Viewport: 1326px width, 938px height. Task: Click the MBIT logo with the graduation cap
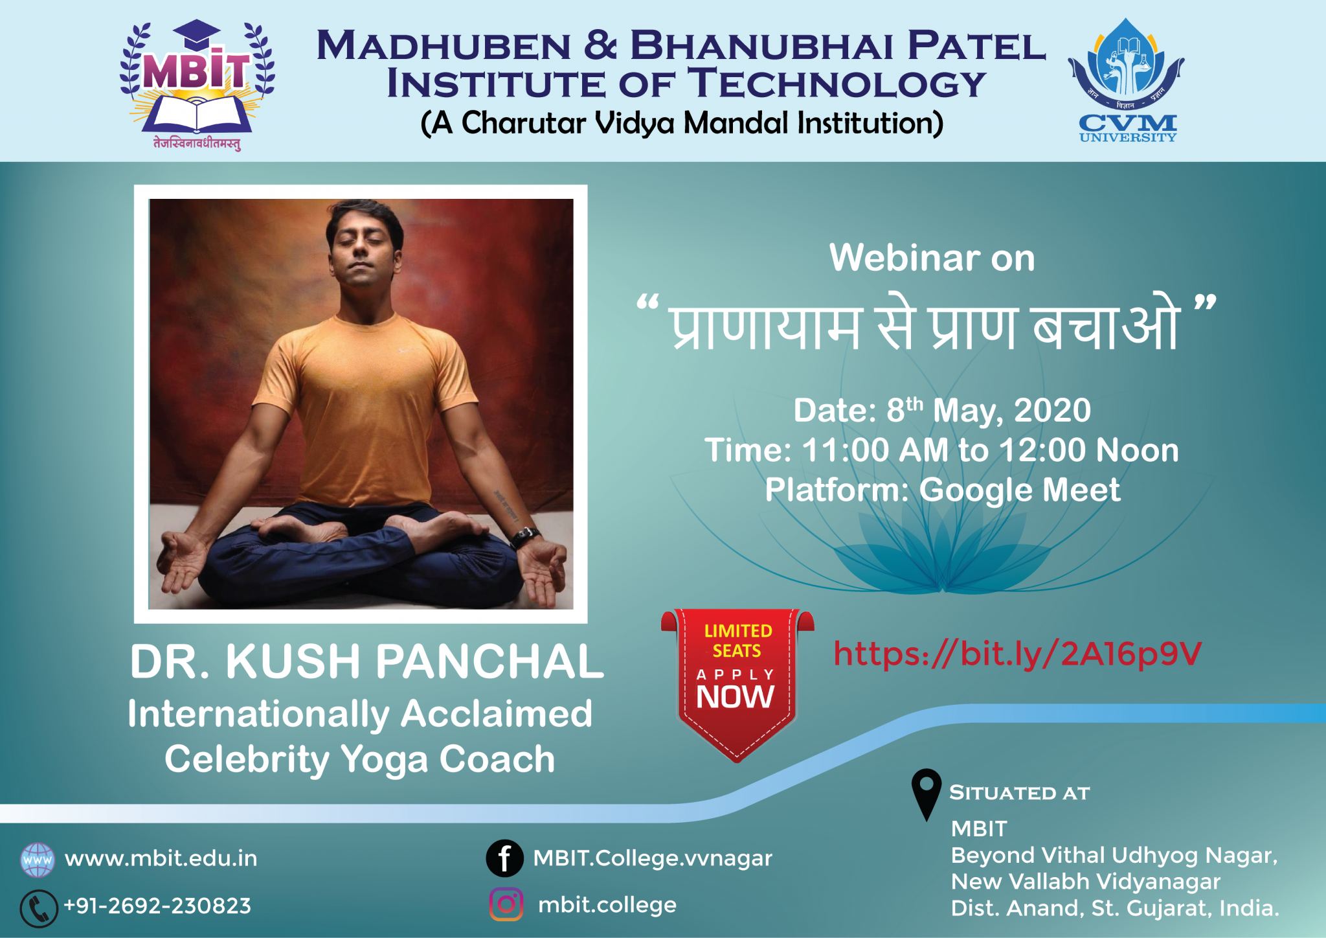(197, 85)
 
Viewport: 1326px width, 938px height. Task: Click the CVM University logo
(1127, 80)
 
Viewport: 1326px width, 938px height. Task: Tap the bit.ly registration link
(1017, 654)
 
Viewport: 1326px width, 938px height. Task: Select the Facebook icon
(504, 858)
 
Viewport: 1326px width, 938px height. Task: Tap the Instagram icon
(506, 904)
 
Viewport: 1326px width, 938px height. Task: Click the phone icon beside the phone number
(39, 908)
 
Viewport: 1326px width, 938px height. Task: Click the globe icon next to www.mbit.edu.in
(38, 860)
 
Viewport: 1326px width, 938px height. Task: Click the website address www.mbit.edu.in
(161, 859)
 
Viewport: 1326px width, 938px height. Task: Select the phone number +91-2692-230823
(157, 906)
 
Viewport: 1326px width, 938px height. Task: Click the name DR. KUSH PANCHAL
(366, 661)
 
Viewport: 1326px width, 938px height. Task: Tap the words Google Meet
(1020, 490)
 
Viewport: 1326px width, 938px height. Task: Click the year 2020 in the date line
(1052, 411)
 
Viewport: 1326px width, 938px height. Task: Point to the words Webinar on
(932, 258)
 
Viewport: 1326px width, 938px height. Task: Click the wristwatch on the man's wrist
(525, 537)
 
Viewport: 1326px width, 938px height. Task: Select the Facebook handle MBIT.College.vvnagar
(653, 858)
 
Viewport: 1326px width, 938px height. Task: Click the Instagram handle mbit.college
(607, 905)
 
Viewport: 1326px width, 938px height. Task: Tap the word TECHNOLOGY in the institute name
(837, 84)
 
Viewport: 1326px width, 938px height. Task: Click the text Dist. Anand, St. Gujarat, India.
(1115, 908)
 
